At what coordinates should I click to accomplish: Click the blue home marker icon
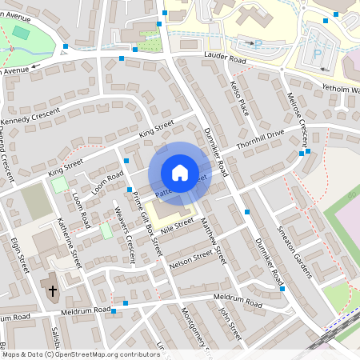180,173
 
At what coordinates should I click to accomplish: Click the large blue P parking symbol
317,54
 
